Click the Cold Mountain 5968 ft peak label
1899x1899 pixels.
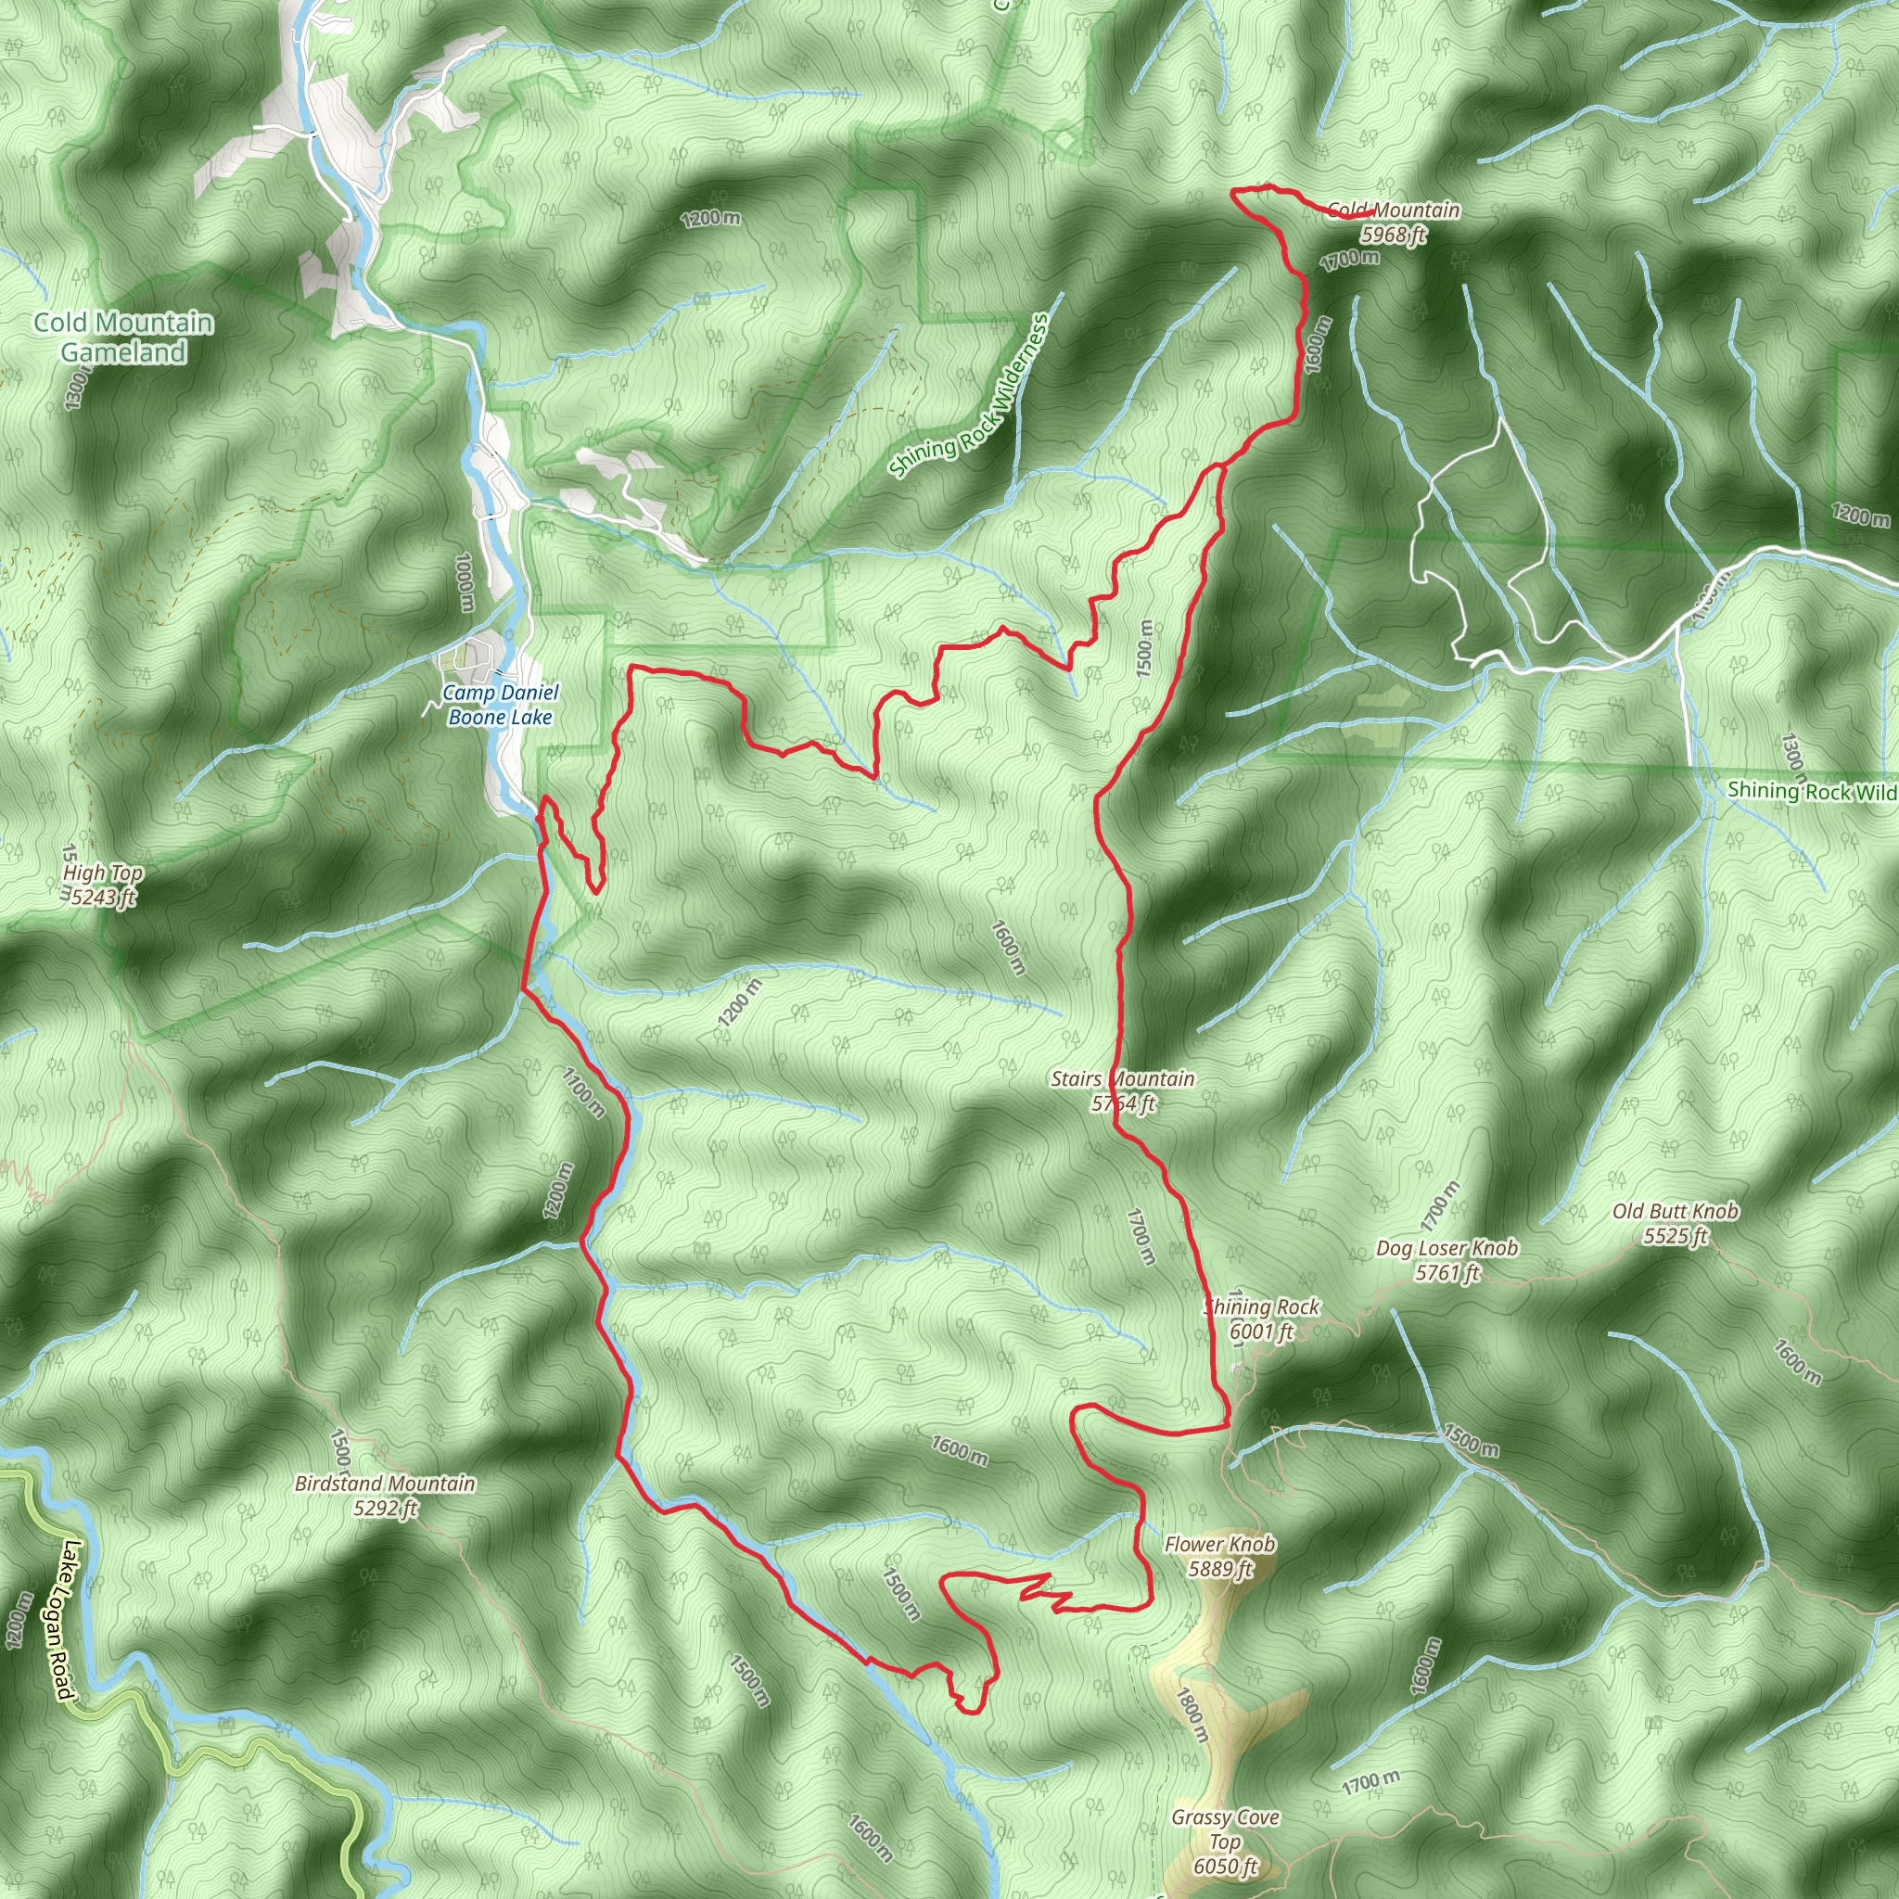(1393, 223)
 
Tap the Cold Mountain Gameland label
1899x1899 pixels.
(123, 338)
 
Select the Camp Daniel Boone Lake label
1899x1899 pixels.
(501, 705)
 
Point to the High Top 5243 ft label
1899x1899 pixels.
(103, 885)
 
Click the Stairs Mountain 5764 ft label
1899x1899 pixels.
(1123, 1091)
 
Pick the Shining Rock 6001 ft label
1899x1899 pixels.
(1262, 1319)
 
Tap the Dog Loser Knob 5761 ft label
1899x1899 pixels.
(1447, 1260)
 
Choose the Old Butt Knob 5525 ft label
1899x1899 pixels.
(1675, 1223)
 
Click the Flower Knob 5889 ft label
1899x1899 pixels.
(1220, 1556)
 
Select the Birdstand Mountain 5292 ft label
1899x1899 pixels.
(386, 1495)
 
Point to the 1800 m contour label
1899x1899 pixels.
(1191, 1715)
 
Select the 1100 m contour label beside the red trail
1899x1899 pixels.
(584, 1092)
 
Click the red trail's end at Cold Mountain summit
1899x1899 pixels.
(1372, 212)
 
